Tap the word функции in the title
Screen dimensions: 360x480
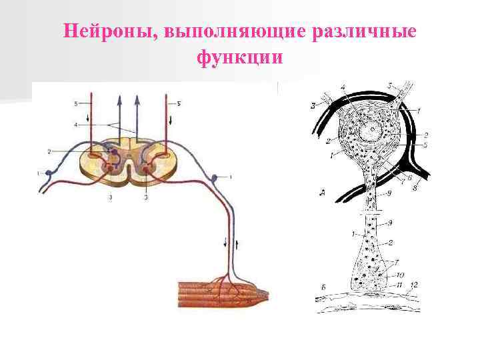pos(240,57)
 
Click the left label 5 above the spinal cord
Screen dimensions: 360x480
pos(77,103)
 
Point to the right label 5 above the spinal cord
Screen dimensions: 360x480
pos(179,103)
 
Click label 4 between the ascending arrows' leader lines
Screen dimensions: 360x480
pos(77,125)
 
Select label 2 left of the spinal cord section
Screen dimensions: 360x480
pos(49,153)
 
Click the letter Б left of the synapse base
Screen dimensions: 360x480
pos(322,287)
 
